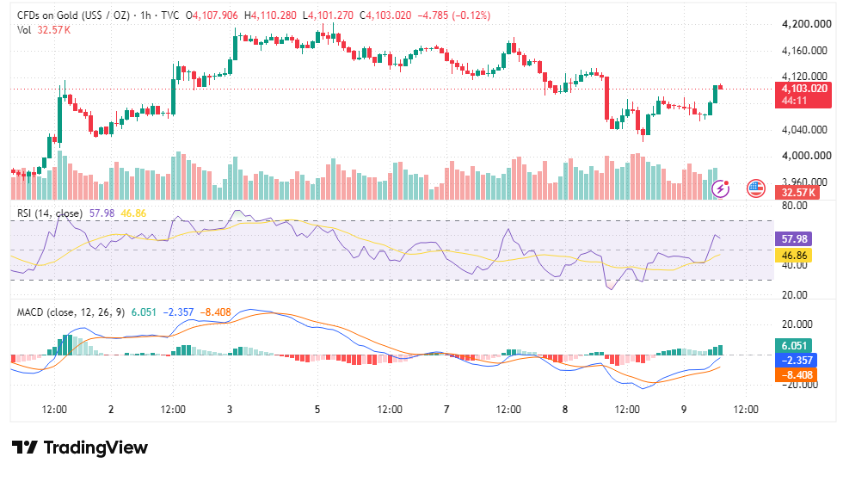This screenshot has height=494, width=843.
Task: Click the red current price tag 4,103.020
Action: (x=803, y=95)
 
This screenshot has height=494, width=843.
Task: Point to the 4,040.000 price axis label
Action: (x=804, y=130)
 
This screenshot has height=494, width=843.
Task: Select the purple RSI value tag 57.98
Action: (x=793, y=239)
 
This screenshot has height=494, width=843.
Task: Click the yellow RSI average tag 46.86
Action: (x=793, y=255)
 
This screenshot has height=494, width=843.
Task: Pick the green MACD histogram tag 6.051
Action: (x=793, y=345)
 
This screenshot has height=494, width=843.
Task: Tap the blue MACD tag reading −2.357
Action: (x=797, y=360)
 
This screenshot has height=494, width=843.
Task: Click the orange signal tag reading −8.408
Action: (x=797, y=375)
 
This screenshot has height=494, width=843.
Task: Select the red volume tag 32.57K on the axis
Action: (x=797, y=193)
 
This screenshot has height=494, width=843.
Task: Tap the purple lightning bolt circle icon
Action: (x=721, y=188)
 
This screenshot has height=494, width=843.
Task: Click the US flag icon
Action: (x=756, y=188)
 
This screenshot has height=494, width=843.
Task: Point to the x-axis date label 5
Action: (x=317, y=410)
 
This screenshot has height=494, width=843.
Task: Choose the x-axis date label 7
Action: (x=446, y=410)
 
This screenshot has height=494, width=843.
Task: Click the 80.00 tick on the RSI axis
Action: (x=795, y=206)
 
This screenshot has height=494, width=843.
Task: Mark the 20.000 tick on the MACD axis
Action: (x=797, y=324)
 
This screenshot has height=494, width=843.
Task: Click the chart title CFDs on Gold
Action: (x=48, y=15)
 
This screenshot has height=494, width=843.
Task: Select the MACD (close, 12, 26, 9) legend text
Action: (x=71, y=312)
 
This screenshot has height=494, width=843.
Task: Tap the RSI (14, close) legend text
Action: (x=50, y=213)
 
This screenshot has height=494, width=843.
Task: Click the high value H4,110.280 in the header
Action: (x=270, y=15)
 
